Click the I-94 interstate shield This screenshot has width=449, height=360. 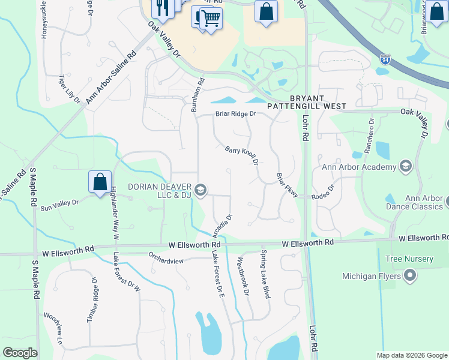point(385,60)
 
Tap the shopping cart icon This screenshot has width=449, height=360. point(207,18)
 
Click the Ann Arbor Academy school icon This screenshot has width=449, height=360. point(405,166)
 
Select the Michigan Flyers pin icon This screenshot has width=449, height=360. point(410,276)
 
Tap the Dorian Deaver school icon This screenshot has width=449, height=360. point(200,190)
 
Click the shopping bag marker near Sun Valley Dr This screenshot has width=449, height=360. point(100,181)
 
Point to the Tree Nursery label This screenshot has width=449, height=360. point(410,259)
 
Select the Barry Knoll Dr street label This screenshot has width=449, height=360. point(241,156)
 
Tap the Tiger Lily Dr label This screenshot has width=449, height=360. point(69,88)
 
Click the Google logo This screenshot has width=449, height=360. point(20,352)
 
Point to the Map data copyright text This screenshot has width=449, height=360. point(411,355)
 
